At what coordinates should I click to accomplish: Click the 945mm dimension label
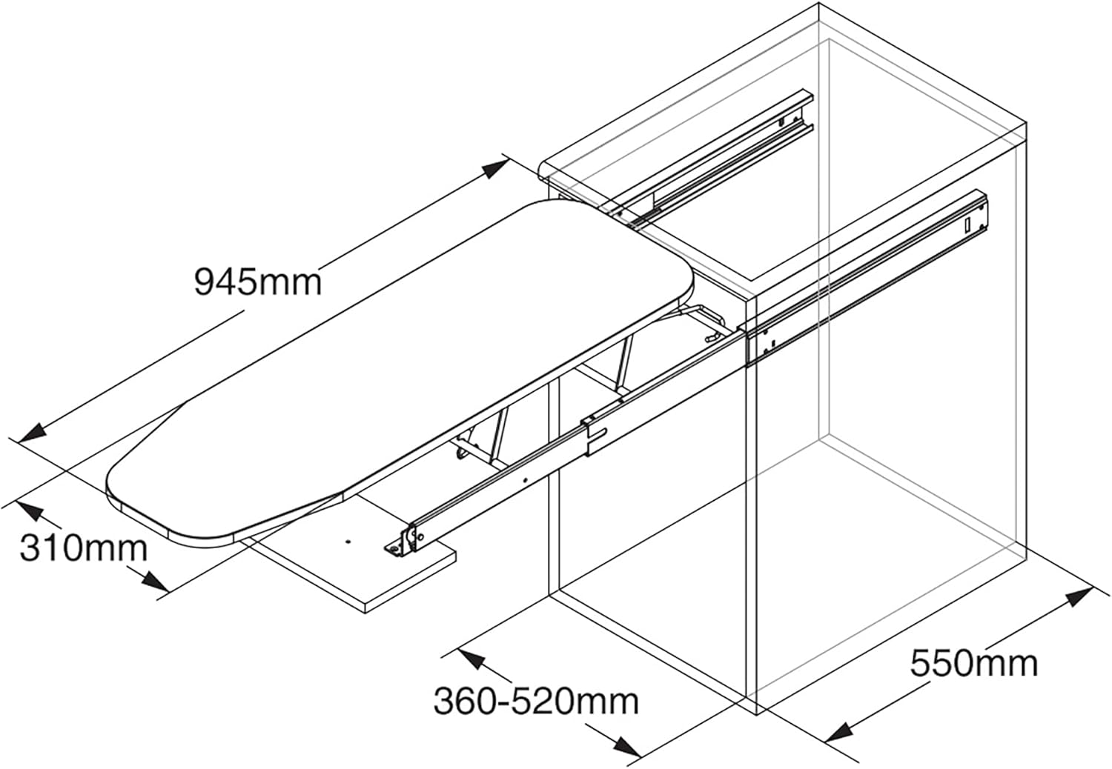tap(258, 282)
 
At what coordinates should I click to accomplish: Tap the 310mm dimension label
tap(83, 547)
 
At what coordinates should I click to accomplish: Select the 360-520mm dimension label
tap(536, 701)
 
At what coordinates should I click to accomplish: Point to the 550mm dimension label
tap(973, 663)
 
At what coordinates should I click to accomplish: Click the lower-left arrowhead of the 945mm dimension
tap(31, 433)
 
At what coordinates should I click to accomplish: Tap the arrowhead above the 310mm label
tap(28, 510)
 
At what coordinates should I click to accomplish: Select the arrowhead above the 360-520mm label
tap(471, 659)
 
